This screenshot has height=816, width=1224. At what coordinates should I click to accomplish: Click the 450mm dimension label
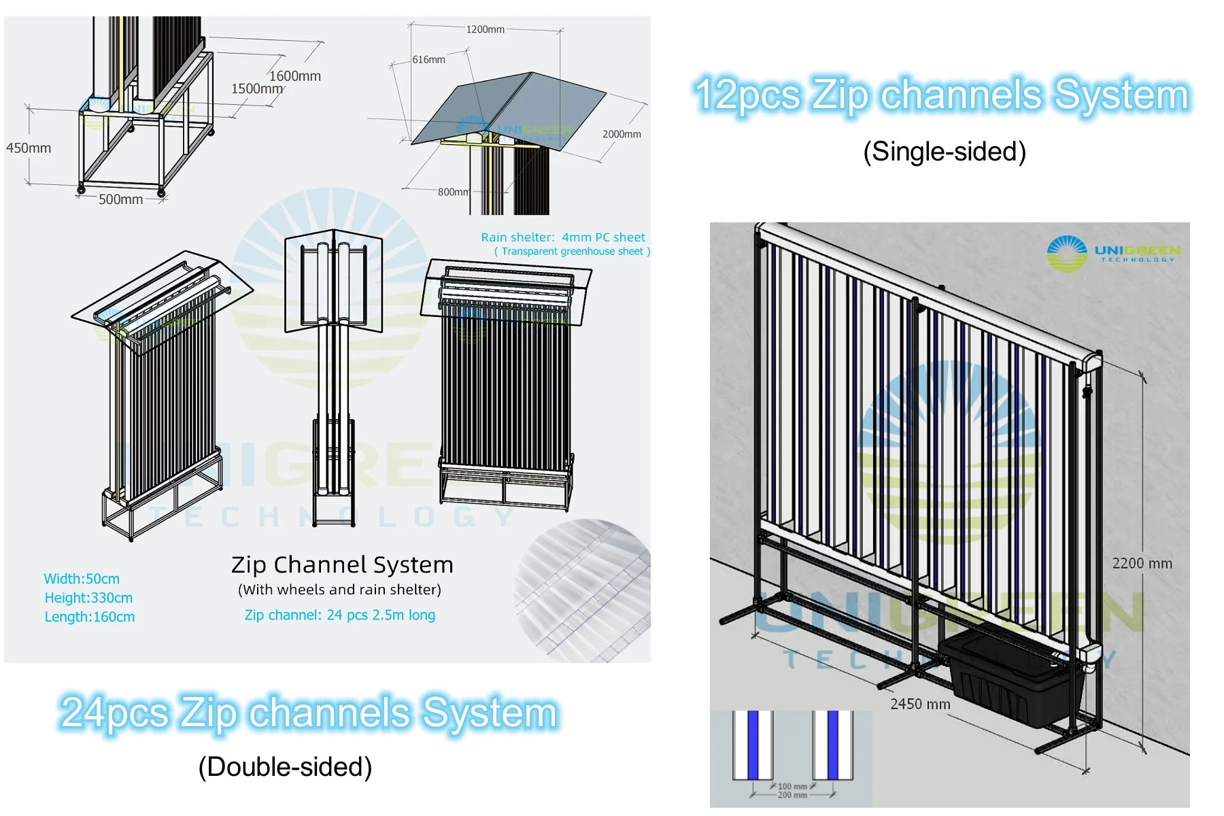pos(29,148)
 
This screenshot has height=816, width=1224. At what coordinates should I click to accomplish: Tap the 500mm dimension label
pos(120,199)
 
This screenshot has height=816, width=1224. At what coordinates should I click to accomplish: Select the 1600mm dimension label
pos(295,76)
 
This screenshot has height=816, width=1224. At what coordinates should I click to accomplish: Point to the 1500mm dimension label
pos(256,89)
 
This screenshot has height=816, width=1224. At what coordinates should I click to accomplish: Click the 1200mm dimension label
pos(485,29)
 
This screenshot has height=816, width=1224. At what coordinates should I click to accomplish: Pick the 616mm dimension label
pos(428,60)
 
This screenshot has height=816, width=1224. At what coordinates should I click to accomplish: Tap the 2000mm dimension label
pos(622,134)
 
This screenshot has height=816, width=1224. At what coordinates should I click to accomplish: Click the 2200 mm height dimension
pos(1142,563)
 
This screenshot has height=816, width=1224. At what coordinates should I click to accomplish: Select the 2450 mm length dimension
pos(920,704)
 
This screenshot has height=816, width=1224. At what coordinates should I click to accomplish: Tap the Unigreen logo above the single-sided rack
pos(1114,254)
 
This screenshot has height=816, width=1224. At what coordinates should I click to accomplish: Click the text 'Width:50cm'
pos(82,579)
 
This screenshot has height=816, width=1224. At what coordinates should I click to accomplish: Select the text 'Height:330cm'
pos(88,598)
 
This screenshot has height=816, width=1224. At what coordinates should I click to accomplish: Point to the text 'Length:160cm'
pos(90,617)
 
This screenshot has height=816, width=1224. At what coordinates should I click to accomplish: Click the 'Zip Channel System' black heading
pos(342,564)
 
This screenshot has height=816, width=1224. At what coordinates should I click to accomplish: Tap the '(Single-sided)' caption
pos(944,152)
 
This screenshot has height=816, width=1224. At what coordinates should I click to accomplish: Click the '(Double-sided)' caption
pos(285,767)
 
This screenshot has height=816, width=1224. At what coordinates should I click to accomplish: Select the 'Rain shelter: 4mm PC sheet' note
pos(563,237)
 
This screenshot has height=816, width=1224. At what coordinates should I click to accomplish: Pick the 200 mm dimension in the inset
pos(792,795)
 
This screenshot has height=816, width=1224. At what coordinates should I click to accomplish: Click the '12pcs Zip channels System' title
pos(942,95)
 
